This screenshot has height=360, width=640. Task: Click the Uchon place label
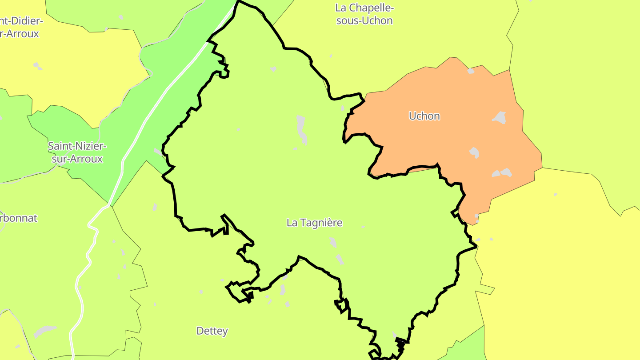click(424, 116)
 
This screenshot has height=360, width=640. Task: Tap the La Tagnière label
click(314, 223)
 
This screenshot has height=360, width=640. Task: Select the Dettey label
click(212, 331)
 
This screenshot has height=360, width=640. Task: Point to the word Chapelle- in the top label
click(372, 8)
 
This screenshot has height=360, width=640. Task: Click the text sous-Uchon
click(364, 21)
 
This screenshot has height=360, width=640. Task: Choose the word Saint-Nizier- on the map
click(77, 146)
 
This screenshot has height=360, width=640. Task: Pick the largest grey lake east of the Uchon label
click(500, 117)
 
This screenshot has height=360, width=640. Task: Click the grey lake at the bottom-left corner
click(44, 331)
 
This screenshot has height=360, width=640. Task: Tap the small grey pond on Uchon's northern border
click(471, 71)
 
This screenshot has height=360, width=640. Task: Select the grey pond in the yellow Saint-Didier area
click(37, 66)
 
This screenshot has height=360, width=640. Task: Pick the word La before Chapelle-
click(341, 8)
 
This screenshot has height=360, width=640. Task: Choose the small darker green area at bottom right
click(471, 347)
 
